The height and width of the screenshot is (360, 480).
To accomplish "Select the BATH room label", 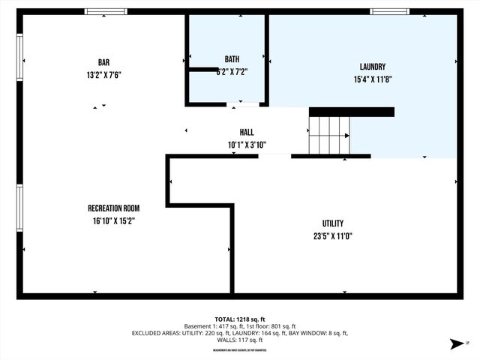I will (x=232, y=59).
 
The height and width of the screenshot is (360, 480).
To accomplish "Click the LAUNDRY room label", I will (x=372, y=67).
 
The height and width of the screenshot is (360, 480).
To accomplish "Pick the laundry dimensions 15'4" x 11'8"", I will (x=372, y=79).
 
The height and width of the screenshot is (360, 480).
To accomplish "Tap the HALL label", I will (x=247, y=133).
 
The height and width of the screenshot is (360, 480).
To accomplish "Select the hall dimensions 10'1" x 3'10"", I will (x=247, y=145).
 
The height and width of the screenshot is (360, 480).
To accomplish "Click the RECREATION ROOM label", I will (x=114, y=208).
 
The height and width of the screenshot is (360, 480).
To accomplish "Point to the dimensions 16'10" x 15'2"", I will (x=114, y=220).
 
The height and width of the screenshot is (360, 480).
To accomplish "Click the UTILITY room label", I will (x=333, y=223).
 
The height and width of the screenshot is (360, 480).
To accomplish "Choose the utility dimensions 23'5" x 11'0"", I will (x=333, y=236).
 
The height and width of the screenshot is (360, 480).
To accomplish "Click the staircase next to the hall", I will (x=330, y=135).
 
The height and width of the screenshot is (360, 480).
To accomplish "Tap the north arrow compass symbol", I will (x=454, y=343).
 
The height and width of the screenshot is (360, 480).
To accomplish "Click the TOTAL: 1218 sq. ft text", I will (x=240, y=318).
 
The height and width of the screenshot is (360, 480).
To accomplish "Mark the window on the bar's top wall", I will (x=105, y=11).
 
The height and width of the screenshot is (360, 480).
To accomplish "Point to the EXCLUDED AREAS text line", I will (x=240, y=333).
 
